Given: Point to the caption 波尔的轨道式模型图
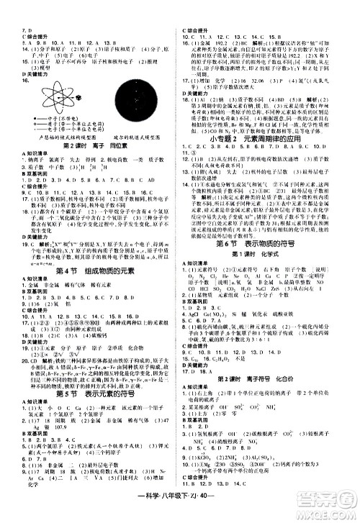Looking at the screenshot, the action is click(x=136, y=136).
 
